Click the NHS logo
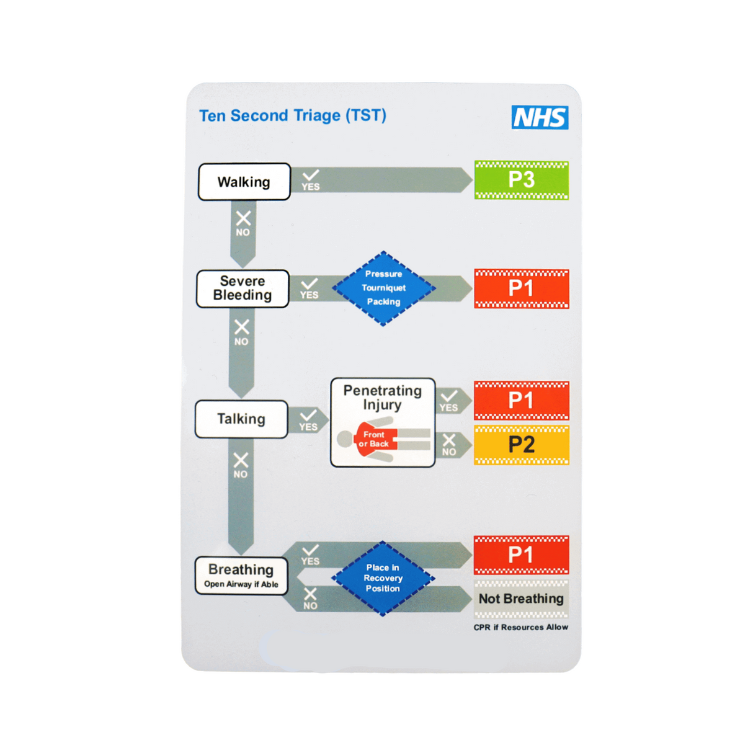point(540,117)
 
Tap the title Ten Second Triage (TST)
point(292,116)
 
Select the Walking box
point(244,182)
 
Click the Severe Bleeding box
point(243,288)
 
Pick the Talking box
point(241,419)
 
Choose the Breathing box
point(241,576)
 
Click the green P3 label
point(521,180)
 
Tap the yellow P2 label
point(521,445)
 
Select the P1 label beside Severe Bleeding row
point(521,288)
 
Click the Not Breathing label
point(521,599)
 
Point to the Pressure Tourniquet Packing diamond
point(383,288)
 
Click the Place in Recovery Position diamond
point(383,578)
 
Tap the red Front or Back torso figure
point(375,440)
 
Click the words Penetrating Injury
point(382,398)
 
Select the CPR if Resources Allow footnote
point(520,627)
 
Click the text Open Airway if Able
point(241,584)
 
